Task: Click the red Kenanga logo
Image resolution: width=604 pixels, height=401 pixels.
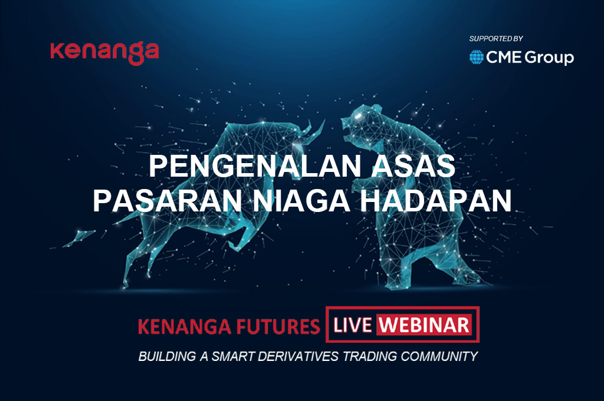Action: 104,52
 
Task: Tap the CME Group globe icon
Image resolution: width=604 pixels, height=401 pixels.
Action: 477,57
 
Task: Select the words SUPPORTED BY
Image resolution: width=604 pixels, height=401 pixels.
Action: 495,38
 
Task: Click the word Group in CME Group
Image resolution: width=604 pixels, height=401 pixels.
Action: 549,58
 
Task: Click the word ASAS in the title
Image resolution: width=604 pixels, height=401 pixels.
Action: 413,165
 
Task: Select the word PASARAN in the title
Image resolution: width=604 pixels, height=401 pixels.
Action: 168,200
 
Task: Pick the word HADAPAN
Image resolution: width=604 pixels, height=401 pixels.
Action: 436,200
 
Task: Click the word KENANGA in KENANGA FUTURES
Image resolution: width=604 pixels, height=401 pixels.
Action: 185,326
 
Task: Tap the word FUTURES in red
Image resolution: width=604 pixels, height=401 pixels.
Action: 278,326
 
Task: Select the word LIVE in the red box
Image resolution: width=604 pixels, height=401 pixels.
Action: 353,325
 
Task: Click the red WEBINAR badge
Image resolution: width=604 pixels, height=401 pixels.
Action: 425,325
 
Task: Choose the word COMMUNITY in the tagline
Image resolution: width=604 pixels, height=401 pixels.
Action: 439,356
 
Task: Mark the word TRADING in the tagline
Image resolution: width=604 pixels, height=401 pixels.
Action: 369,356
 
